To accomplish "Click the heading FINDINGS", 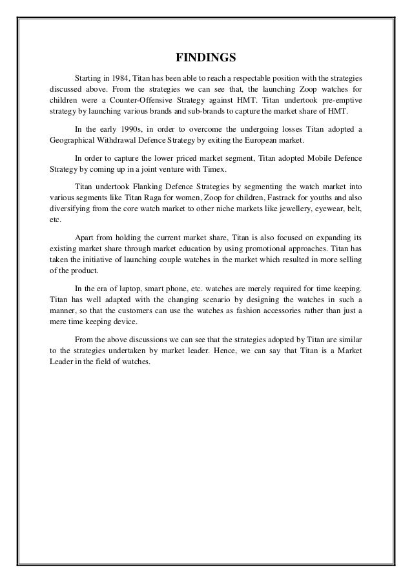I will (x=205, y=57).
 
